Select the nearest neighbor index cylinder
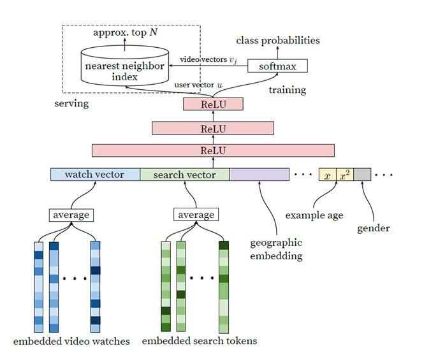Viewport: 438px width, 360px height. coord(124,67)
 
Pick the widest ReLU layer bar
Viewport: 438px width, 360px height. coord(213,150)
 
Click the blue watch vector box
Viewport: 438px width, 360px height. coord(95,175)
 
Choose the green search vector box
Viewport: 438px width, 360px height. coord(185,175)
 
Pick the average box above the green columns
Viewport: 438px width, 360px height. coord(196,215)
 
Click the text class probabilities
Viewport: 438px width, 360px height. coord(278,41)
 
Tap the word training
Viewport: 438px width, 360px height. coord(287,90)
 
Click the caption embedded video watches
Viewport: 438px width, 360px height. coord(71,341)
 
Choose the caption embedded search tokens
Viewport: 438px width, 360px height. coord(199,341)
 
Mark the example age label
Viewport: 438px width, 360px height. coord(314,215)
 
